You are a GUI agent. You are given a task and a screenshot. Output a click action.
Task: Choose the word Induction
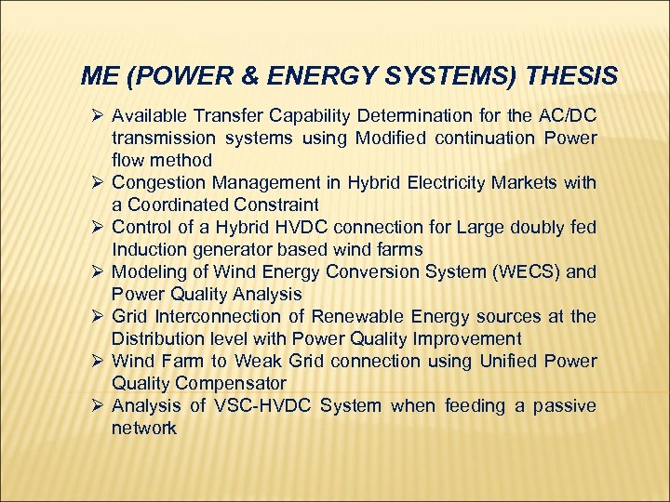pyautogui.click(x=150, y=249)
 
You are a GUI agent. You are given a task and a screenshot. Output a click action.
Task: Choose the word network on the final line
pyautogui.click(x=144, y=428)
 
